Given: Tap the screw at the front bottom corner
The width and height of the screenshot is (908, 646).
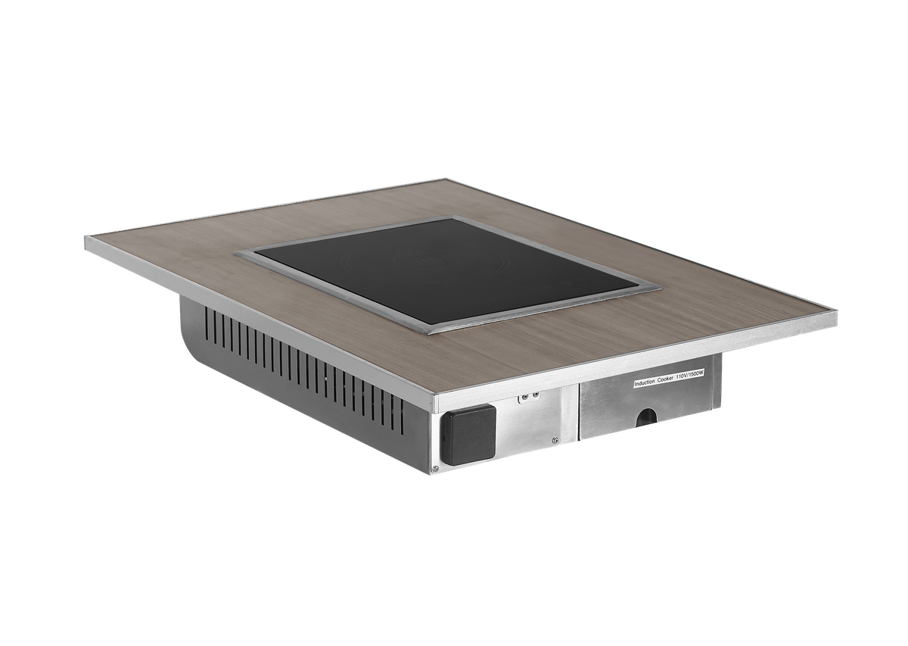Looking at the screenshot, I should [435, 469].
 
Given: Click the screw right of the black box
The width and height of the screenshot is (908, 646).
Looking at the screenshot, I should [555, 439].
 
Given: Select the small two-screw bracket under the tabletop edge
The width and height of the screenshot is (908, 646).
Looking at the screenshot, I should [527, 395].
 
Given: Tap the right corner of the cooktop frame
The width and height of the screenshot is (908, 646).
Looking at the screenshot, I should [657, 286].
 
